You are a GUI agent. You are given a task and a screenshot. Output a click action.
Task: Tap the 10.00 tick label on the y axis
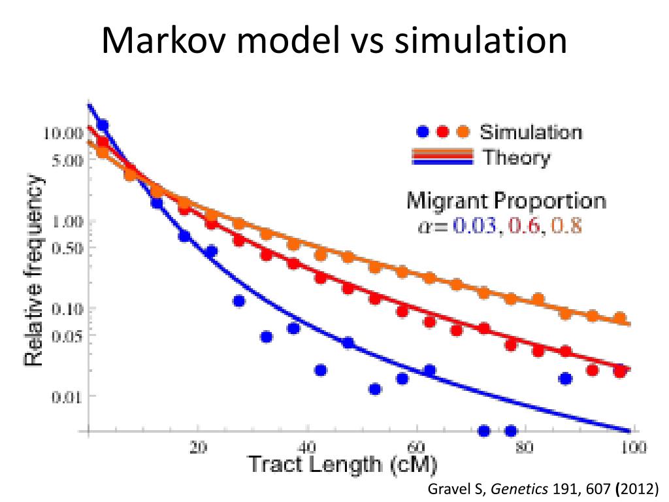63,133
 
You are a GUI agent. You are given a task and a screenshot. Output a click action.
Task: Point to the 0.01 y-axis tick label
67,396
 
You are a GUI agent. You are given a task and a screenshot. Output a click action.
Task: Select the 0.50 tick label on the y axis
67,248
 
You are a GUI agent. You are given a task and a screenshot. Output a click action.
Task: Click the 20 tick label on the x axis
199,448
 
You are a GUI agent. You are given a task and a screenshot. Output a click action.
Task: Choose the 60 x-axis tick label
416,448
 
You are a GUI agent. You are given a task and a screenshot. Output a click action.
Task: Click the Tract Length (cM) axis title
342,465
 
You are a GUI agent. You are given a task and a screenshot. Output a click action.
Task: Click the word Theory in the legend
516,158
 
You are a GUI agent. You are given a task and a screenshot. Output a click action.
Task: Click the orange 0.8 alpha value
566,226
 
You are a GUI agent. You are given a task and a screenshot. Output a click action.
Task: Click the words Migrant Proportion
506,201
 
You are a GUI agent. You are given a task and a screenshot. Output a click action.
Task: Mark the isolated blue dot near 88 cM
566,378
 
